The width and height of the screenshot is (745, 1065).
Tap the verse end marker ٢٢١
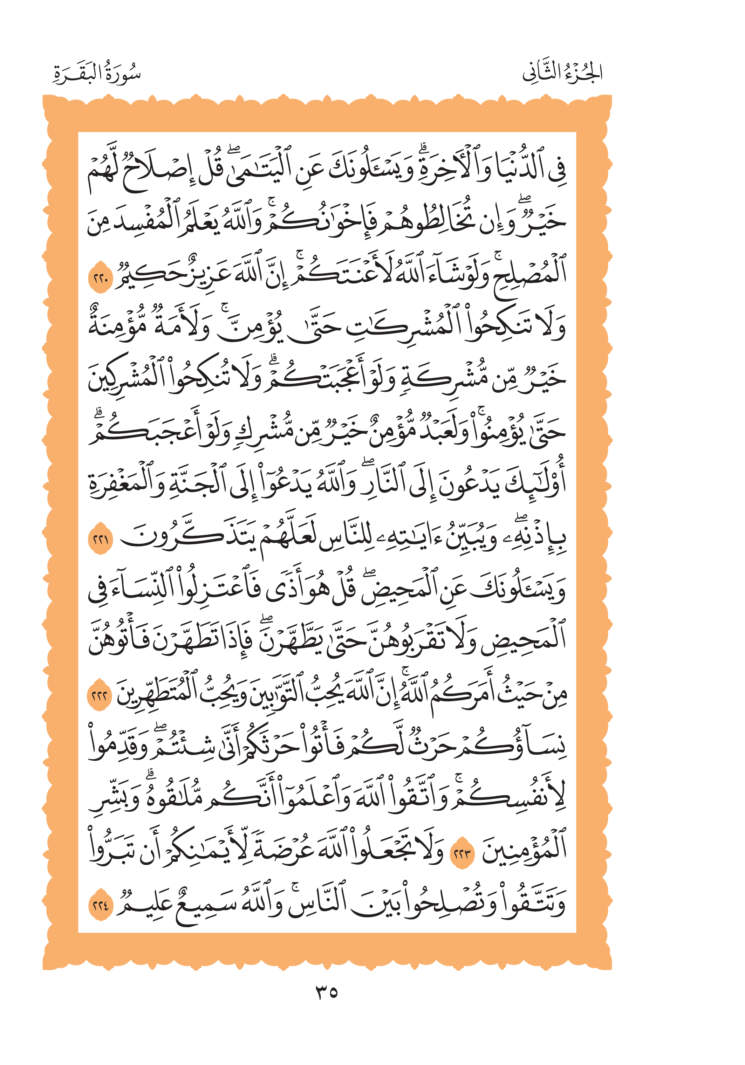coord(101,540)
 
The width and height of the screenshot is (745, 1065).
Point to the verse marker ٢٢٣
coord(462,853)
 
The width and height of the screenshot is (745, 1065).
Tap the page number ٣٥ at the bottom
coord(327,992)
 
